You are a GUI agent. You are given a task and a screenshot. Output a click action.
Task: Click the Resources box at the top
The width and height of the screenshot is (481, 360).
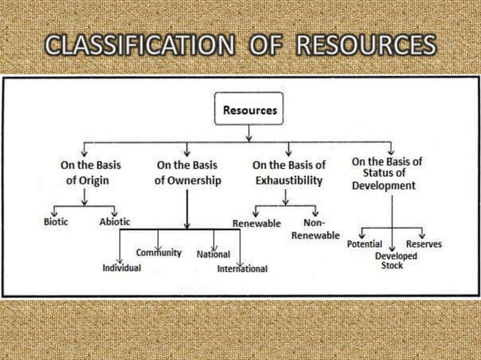[x=250, y=110]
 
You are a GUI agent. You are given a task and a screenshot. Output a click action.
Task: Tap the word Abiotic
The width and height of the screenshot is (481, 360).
[x=115, y=221]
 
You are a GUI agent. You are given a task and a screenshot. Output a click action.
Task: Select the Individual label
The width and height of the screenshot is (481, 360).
[x=121, y=268]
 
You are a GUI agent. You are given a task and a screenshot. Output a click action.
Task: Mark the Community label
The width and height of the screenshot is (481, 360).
[x=158, y=252]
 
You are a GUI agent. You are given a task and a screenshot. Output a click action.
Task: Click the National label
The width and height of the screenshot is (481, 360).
[x=213, y=254]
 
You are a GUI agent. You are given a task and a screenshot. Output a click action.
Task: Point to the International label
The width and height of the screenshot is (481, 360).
[x=242, y=269]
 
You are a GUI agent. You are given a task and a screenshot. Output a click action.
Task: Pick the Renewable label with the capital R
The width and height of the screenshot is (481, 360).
[x=256, y=224]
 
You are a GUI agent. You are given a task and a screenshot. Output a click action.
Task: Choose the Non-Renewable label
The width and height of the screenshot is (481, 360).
[x=315, y=229]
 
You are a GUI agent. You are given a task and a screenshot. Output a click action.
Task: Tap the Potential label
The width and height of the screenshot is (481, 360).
[x=365, y=244]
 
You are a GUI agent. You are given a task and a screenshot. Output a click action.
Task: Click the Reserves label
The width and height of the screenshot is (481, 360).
[x=424, y=244]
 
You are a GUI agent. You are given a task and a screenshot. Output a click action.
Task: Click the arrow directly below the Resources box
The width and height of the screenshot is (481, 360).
[x=250, y=133]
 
